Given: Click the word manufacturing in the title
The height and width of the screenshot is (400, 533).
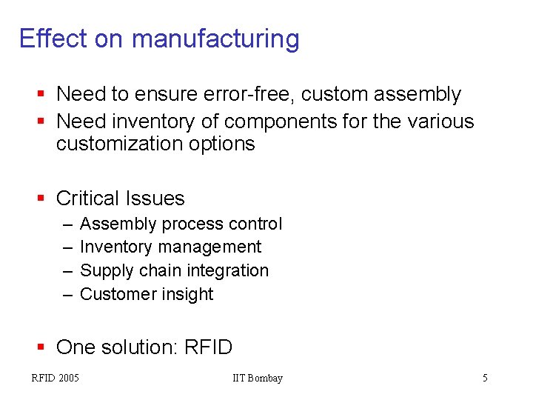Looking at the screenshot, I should (215, 39).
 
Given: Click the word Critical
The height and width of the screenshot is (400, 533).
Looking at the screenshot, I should (88, 199).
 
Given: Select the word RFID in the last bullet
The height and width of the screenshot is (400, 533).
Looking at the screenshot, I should (209, 347).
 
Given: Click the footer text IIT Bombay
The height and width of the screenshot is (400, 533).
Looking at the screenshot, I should (257, 379).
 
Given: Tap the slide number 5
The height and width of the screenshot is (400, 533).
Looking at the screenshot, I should (485, 379).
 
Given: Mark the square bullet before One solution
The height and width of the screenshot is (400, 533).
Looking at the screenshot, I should (41, 347).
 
